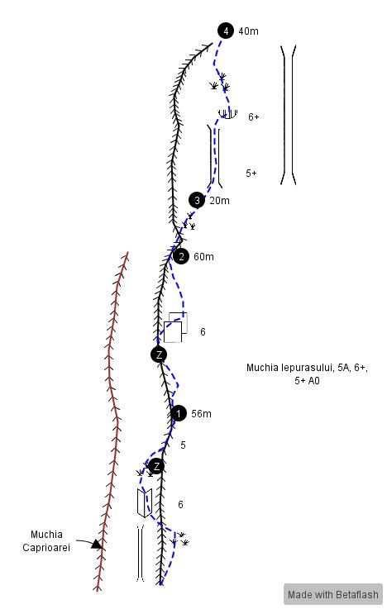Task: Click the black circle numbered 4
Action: [226, 31]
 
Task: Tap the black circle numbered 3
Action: [197, 201]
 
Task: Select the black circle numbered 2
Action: [181, 256]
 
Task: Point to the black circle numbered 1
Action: [179, 413]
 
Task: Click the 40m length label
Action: [248, 31]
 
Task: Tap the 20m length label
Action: [219, 201]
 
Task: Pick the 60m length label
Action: [203, 257]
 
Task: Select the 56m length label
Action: [201, 414]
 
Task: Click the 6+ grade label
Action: [254, 117]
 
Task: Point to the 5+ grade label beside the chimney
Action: [251, 174]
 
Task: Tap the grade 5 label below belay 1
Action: [183, 445]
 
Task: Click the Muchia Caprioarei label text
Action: [46, 541]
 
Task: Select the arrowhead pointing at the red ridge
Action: [97, 545]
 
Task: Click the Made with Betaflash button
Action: [333, 594]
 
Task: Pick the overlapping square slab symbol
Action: [175, 327]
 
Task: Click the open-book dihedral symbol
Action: [144, 503]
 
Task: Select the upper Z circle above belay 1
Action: [159, 354]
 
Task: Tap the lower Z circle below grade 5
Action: [156, 466]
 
